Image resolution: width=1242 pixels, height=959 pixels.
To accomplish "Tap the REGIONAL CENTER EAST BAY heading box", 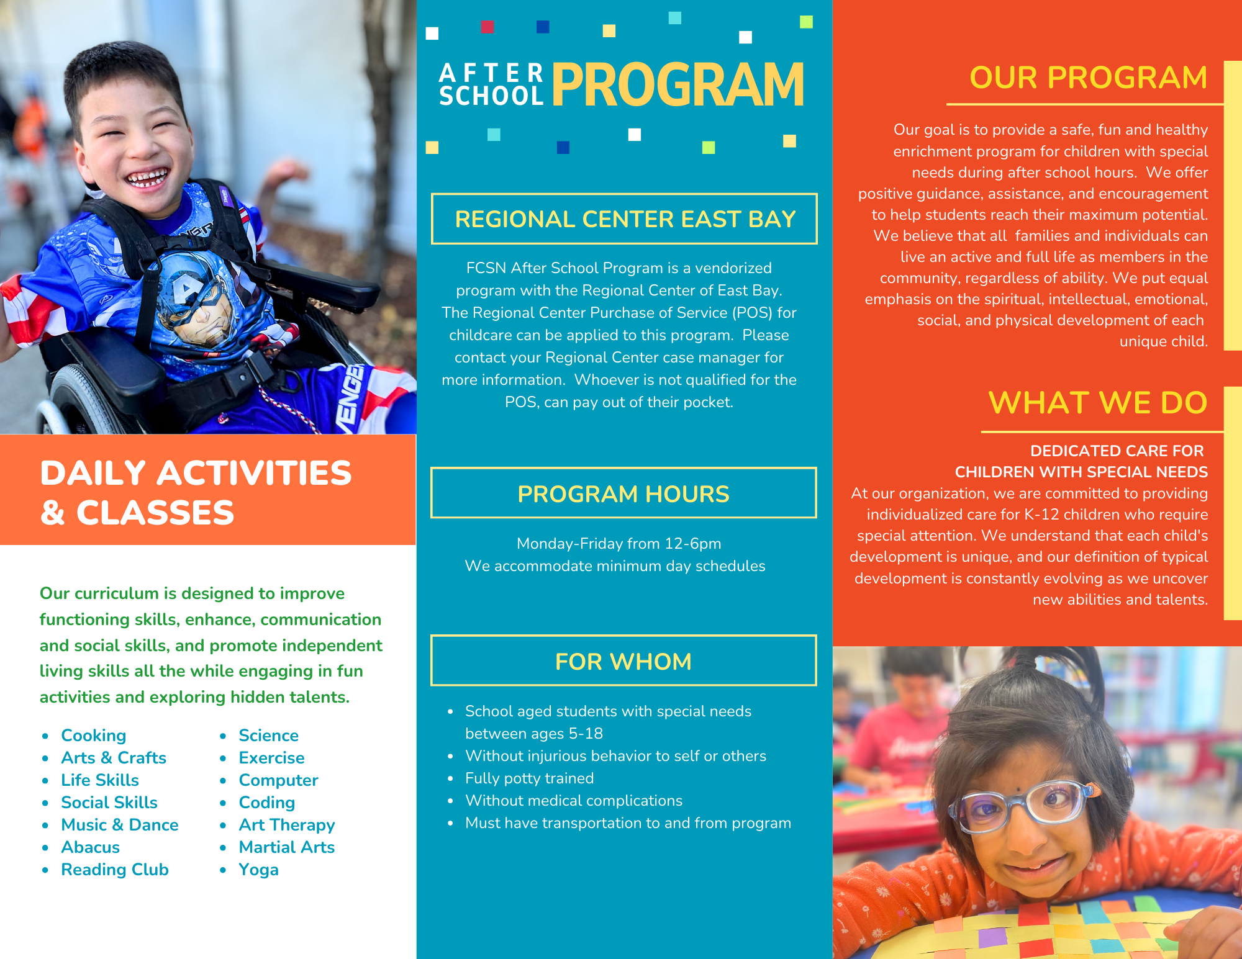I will point(624,219).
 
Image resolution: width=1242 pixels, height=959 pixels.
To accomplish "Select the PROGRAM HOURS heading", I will point(623,493).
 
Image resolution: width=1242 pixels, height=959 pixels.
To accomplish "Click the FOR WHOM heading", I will point(623,661).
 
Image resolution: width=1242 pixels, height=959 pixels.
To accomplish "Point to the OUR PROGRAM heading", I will point(1088,78).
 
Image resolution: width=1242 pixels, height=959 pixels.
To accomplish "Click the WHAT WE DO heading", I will point(1097,403).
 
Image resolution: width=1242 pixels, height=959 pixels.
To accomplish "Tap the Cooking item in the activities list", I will point(93,736).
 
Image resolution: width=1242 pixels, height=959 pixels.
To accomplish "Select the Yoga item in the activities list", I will point(258,870).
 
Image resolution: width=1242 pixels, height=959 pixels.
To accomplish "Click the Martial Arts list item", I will point(286,847).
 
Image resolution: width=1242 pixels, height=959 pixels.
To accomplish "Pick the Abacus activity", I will point(90,847).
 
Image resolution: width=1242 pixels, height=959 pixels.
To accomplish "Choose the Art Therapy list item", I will point(286,825).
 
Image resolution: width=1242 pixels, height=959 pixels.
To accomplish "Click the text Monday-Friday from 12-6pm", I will point(619,544).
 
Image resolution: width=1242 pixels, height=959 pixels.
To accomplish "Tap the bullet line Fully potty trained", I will point(529,778).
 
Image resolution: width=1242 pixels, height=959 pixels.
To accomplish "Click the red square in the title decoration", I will point(487,27).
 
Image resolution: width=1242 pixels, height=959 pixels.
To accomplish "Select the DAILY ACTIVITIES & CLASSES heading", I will point(196,492).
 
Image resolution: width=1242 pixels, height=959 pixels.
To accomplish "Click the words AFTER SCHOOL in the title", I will point(491,84).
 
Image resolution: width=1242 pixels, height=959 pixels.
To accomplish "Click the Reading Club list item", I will point(114,870).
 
